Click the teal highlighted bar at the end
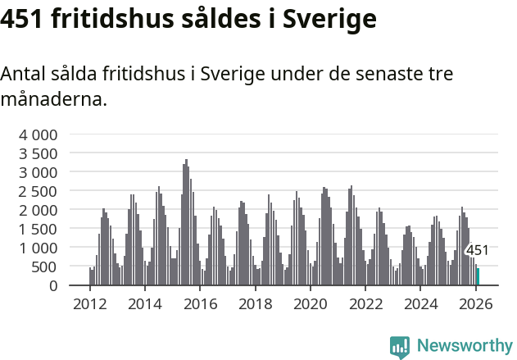478,276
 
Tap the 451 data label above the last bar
477,251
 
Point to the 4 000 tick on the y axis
39,134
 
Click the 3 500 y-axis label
39,153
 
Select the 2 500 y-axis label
39,191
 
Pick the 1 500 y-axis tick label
39,229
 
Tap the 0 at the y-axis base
53,285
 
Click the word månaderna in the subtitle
53,100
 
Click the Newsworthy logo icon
400,347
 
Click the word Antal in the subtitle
24,74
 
